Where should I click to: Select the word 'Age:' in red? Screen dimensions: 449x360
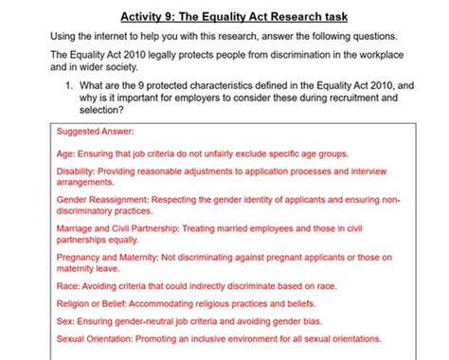click(x=67, y=153)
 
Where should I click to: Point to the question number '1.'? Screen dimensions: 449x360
click(x=70, y=85)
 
